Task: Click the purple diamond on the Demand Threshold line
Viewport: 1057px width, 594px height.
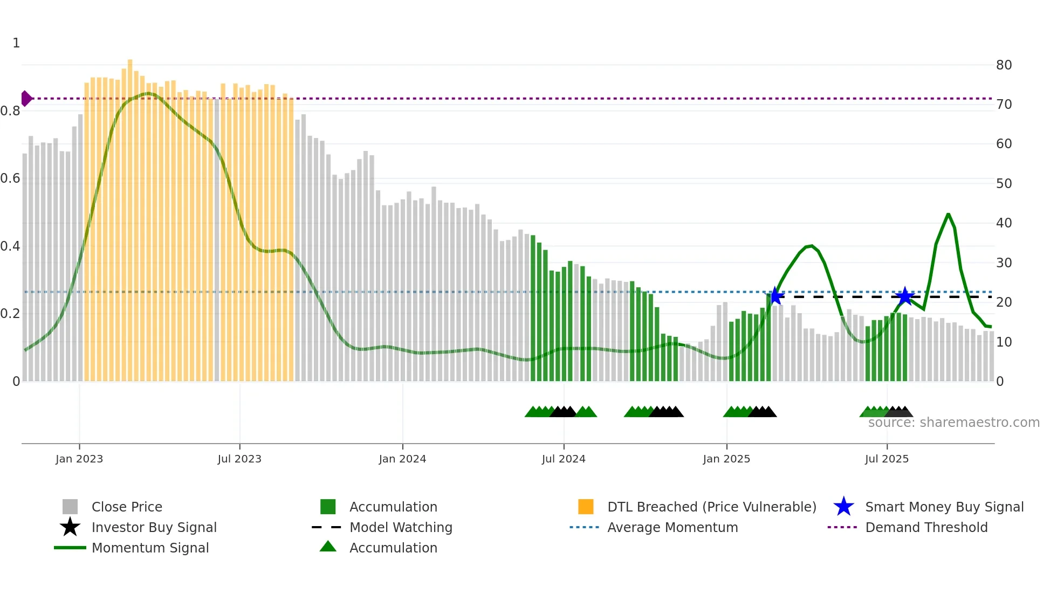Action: coord(26,99)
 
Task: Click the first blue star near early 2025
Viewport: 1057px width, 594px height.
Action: coord(775,296)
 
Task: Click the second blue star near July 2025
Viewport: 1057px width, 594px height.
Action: coord(904,296)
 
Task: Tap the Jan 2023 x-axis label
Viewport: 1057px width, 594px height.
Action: coord(79,459)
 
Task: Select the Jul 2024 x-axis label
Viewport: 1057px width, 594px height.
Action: coord(564,459)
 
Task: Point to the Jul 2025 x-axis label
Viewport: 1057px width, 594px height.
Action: coord(887,459)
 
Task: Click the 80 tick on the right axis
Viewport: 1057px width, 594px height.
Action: coord(1004,65)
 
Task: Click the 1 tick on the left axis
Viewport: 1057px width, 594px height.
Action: coord(16,43)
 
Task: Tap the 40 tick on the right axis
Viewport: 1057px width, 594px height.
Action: coord(1004,223)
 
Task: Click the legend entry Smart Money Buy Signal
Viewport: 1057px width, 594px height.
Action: coord(944,507)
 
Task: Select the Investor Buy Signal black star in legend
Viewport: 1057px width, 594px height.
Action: coord(70,527)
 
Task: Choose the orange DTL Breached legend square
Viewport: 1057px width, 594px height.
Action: coord(586,507)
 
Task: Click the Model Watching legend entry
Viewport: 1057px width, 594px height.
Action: coord(400,527)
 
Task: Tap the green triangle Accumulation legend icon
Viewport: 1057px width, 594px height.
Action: coord(328,547)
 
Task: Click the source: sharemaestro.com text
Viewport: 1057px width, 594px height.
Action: coord(953,423)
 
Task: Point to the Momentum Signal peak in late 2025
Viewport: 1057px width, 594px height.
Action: coord(948,215)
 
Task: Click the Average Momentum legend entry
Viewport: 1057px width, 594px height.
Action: coord(672,527)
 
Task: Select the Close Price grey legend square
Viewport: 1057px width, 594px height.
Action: coord(70,507)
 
